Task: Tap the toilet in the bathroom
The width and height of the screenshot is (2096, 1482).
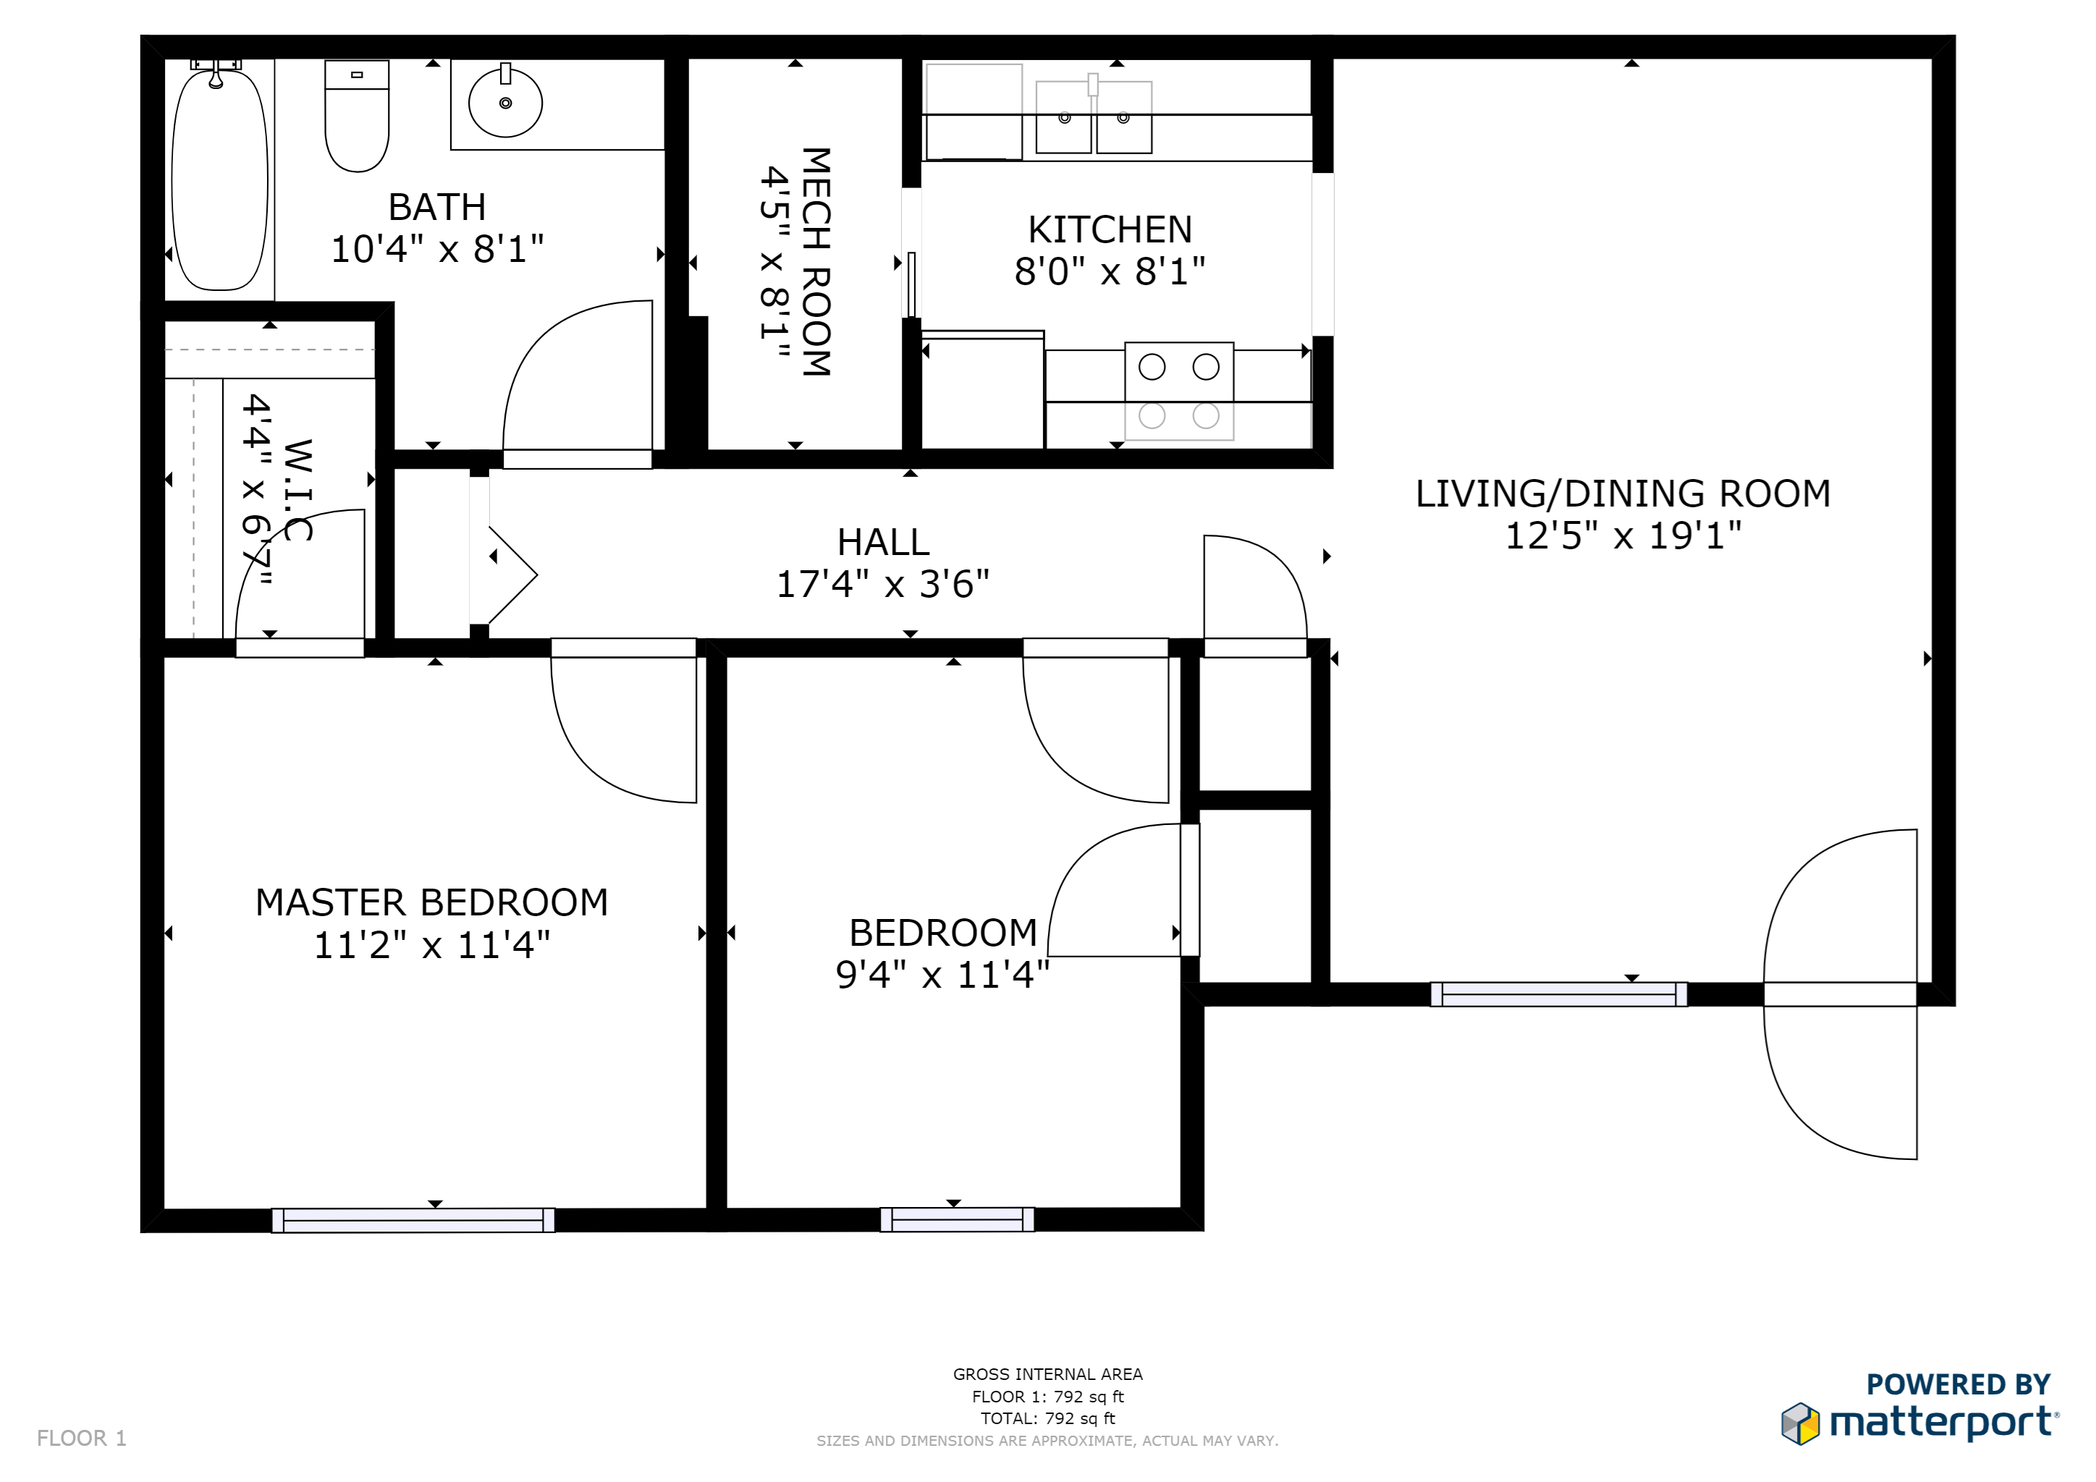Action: [357, 119]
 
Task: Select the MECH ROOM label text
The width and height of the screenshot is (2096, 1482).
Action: [815, 262]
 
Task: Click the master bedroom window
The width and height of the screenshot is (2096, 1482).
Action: [413, 1220]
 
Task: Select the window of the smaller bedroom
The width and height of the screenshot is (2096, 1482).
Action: [957, 1219]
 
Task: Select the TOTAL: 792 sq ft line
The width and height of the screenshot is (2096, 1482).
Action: [1047, 1418]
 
